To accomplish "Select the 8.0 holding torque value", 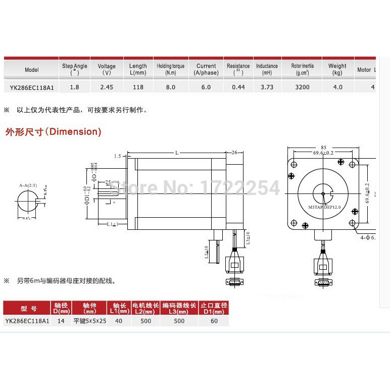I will [170, 87].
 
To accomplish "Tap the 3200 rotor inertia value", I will [304, 87].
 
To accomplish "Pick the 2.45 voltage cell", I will [107, 87].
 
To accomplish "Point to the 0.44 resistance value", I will [238, 87].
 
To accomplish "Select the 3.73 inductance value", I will [267, 87].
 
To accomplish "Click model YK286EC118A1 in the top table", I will [32, 87].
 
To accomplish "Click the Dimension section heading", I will [53, 132].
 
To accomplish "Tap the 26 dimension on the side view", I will [234, 152].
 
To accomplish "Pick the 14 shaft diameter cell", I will [61, 321].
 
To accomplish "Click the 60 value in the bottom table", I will [214, 321].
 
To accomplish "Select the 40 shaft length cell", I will [118, 321].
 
